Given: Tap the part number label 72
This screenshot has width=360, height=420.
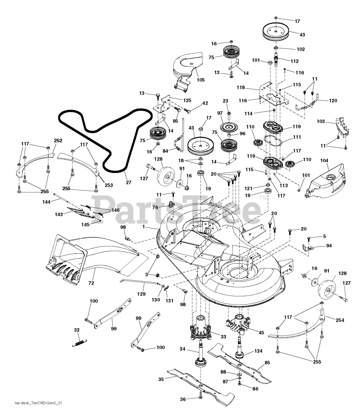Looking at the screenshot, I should coord(91,283).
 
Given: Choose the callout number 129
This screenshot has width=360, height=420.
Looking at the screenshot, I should coord(141,294).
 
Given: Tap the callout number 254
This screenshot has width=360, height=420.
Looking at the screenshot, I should coord(340,320).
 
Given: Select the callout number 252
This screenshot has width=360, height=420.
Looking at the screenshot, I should coord(58,140).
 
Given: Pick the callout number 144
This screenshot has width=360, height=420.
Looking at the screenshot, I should coord(46,202).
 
